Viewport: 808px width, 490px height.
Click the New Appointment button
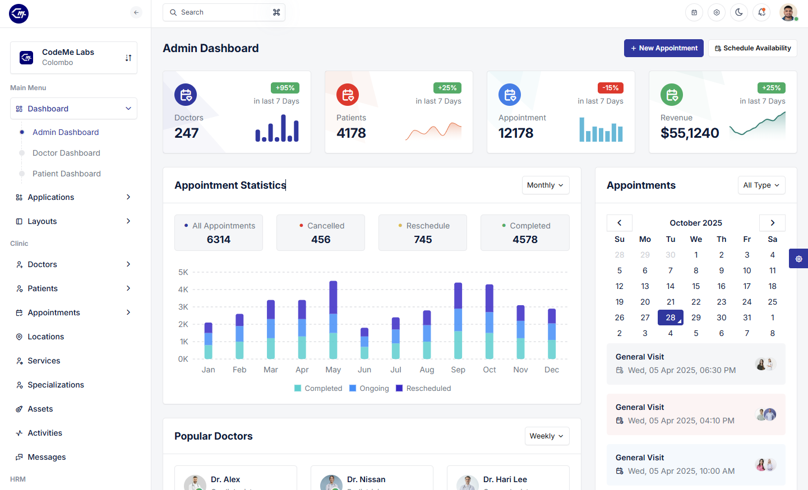tap(664, 48)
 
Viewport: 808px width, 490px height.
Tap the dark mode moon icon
tap(738, 12)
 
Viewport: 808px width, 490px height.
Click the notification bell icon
tap(761, 12)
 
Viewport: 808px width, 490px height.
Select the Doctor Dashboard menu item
tap(66, 153)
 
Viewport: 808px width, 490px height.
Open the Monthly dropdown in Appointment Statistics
tap(546, 185)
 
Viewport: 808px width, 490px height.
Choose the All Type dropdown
tap(761, 185)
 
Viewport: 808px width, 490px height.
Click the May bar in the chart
tap(333, 320)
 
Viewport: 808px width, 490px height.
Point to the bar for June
tap(364, 343)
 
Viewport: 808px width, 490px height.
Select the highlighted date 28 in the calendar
tap(670, 318)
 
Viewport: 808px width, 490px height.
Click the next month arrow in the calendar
tap(772, 223)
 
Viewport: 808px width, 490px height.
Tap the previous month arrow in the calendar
tap(620, 223)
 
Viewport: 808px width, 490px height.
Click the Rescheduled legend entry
tap(423, 389)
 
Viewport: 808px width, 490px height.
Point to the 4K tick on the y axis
tap(183, 290)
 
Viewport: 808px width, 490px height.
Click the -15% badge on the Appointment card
tap(610, 88)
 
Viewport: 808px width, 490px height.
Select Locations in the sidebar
tap(46, 337)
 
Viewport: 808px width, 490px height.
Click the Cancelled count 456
tap(321, 240)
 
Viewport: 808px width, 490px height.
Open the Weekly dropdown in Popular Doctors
tap(547, 436)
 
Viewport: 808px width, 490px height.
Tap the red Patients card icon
tap(348, 95)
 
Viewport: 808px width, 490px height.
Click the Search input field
tap(224, 12)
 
